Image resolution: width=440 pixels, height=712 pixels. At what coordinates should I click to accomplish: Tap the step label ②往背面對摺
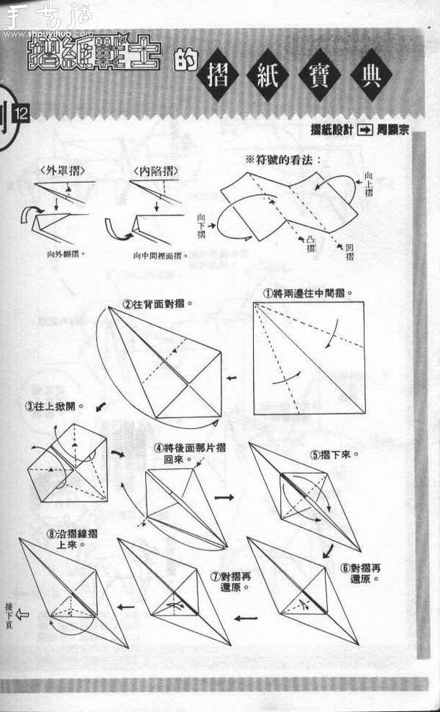click(x=153, y=302)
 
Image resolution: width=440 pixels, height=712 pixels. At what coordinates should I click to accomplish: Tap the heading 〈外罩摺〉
click(x=61, y=170)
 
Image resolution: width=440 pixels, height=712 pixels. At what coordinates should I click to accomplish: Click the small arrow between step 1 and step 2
click(x=232, y=378)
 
